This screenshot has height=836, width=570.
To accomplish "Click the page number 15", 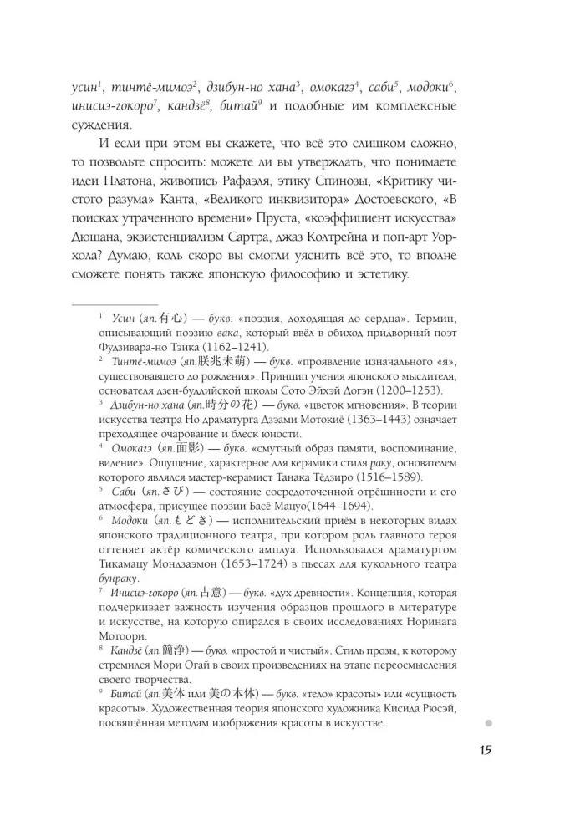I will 486,748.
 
